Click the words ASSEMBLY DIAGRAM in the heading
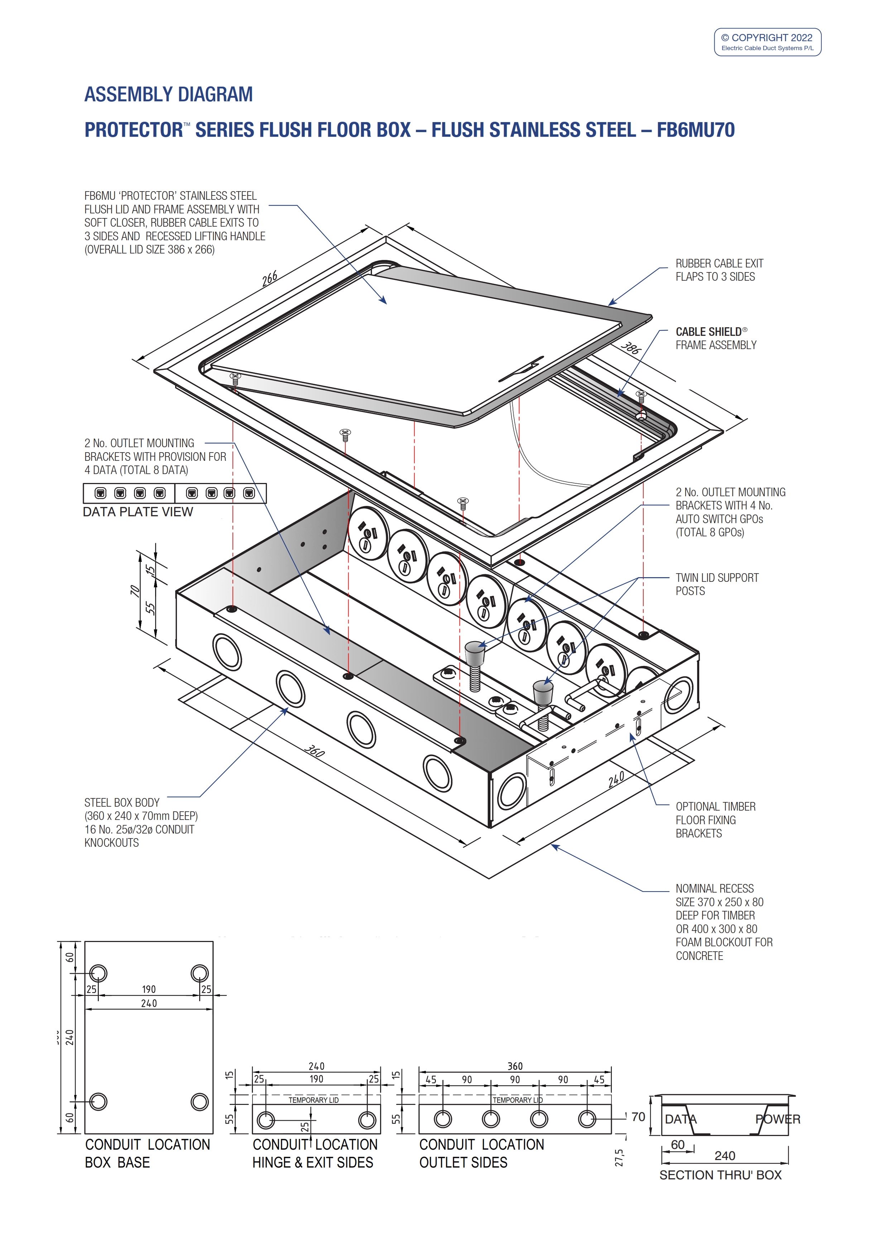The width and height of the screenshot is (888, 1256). (x=168, y=95)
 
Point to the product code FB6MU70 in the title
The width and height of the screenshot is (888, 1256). (x=695, y=130)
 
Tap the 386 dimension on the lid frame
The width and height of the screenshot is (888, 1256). (x=631, y=348)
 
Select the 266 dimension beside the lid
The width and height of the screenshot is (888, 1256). (x=270, y=279)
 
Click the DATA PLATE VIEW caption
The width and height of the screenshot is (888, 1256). (x=138, y=512)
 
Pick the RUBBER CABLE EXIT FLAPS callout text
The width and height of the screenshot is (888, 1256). (x=719, y=270)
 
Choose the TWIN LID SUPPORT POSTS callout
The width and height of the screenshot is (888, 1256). (x=717, y=584)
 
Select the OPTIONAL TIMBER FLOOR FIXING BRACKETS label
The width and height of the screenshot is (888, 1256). (x=715, y=820)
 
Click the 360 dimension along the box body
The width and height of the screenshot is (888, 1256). (x=315, y=751)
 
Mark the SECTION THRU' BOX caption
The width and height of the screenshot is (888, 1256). (x=720, y=1175)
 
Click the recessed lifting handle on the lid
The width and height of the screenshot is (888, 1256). (x=521, y=370)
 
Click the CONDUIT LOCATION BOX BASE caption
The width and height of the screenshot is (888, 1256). (x=147, y=1153)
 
